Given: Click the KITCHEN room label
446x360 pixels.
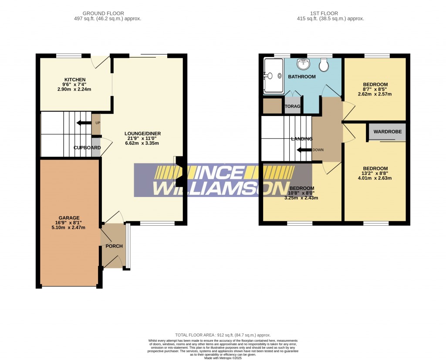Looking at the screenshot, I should pyautogui.click(x=74, y=79).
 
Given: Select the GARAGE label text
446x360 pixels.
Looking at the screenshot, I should pyautogui.click(x=70, y=218).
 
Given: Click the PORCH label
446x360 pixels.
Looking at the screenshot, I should pyautogui.click(x=114, y=246).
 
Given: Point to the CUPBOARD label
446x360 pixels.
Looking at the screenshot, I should pyautogui.click(x=87, y=148).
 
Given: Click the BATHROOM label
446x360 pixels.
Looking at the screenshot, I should pyautogui.click(x=302, y=77).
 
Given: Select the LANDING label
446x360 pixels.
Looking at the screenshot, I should pyautogui.click(x=302, y=139).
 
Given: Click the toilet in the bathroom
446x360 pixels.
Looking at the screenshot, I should pyautogui.click(x=324, y=65).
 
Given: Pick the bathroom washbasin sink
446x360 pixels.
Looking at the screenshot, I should pyautogui.click(x=303, y=65).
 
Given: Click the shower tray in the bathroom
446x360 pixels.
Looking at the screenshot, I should pyautogui.click(x=273, y=76).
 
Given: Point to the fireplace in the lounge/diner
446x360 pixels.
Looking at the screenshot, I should pyautogui.click(x=179, y=171).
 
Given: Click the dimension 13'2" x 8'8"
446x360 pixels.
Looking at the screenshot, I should pyautogui.click(x=375, y=173).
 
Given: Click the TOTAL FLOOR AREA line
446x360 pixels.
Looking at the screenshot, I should pyautogui.click(x=223, y=335).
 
